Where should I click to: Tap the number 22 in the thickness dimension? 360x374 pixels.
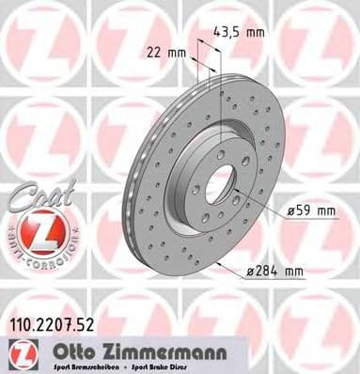pos(152,53)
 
